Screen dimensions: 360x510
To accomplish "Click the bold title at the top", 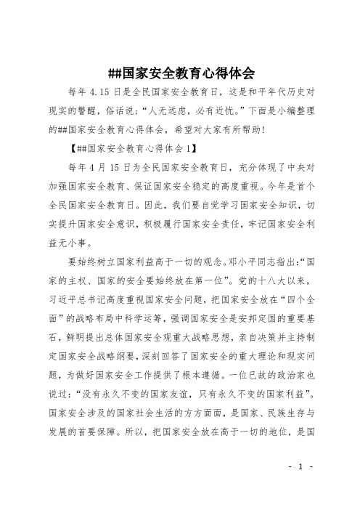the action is (180, 73).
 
